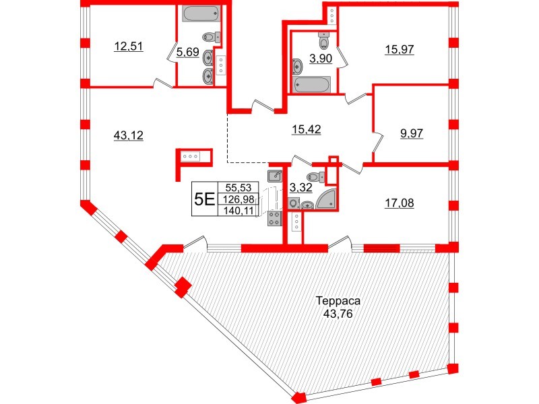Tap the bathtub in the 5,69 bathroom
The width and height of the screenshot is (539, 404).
(199, 14)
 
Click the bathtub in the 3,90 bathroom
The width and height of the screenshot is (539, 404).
(312, 85)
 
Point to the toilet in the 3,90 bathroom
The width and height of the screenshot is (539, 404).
(325, 42)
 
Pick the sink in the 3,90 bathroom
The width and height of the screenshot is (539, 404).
(297, 66)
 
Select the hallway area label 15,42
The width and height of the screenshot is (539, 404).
(307, 130)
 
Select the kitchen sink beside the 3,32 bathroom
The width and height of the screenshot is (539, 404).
(274, 176)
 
